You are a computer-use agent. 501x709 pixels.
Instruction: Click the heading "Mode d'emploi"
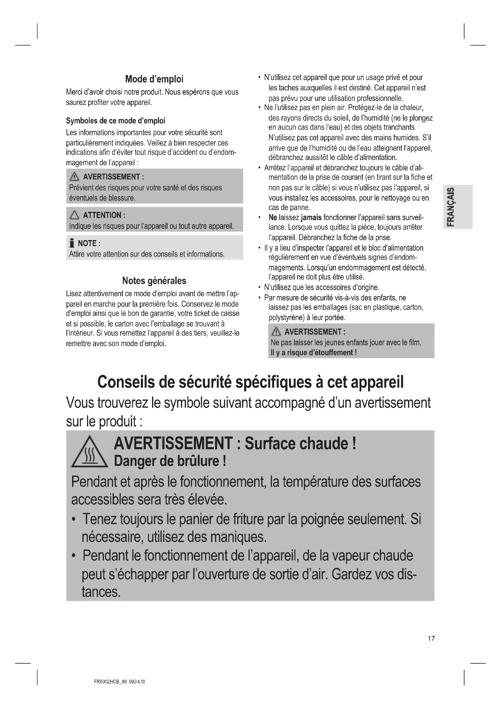click(154, 79)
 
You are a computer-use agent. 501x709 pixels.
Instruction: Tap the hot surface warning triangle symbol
click(89, 453)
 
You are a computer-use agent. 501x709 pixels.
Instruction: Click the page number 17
click(431, 638)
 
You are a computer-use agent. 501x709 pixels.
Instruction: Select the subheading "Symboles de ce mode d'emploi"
click(115, 120)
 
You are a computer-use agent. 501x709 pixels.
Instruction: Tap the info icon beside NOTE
click(72, 243)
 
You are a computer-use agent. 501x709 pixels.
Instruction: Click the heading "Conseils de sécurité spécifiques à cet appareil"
click(250, 382)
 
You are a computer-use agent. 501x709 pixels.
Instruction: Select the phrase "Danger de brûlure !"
click(170, 461)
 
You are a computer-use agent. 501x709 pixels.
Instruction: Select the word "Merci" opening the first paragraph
click(74, 92)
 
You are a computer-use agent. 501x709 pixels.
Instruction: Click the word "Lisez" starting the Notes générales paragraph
click(73, 293)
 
